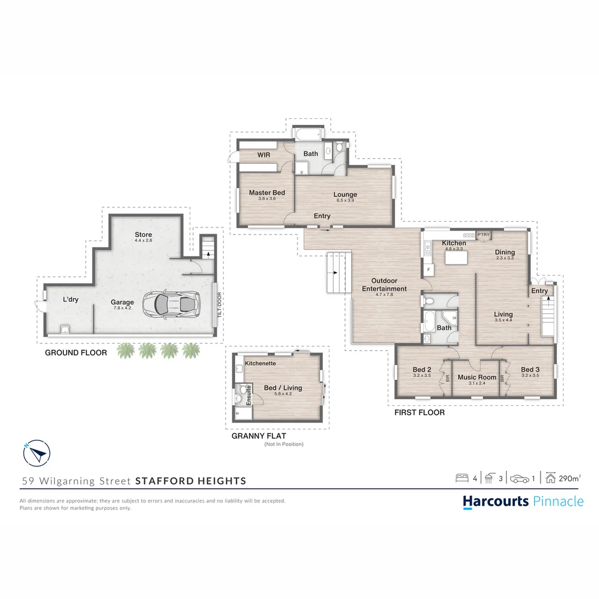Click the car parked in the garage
(171, 303)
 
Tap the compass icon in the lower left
(37, 454)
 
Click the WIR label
(263, 155)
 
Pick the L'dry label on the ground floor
(70, 299)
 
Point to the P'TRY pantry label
(484, 235)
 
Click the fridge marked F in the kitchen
(428, 270)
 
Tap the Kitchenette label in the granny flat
(261, 363)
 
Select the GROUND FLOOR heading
(76, 352)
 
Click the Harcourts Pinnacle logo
(523, 501)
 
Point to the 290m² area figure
(569, 478)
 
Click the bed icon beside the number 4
(462, 478)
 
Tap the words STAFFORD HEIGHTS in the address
(191, 481)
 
